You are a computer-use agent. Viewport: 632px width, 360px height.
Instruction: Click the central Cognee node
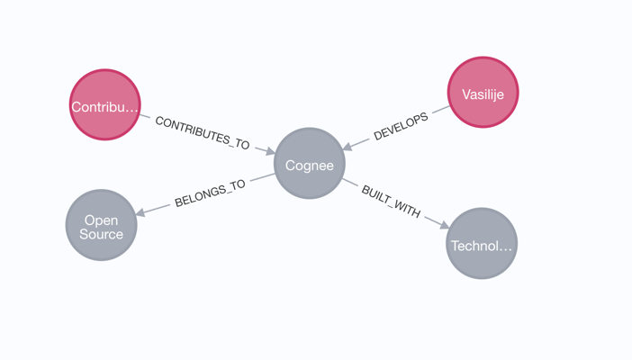(x=309, y=164)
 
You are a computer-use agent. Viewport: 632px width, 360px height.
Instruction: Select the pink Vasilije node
(x=483, y=93)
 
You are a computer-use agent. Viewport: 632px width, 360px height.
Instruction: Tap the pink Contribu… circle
(x=105, y=105)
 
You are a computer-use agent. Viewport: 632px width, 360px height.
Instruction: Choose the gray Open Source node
(x=101, y=225)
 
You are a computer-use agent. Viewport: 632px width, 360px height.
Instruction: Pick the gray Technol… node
(x=482, y=244)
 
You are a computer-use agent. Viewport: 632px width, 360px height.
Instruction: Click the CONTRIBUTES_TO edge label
(x=202, y=132)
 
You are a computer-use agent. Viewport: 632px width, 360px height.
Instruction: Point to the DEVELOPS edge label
(x=401, y=126)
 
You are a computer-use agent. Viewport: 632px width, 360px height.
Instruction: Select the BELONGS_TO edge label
(x=210, y=193)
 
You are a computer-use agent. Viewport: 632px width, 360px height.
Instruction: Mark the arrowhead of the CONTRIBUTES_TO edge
(x=268, y=151)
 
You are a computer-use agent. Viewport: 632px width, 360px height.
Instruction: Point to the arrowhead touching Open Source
(x=140, y=212)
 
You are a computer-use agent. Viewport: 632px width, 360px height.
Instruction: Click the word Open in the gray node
(x=101, y=220)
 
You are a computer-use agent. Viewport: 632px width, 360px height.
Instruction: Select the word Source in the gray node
(x=101, y=234)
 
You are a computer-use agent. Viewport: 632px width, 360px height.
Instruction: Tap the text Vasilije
(x=483, y=94)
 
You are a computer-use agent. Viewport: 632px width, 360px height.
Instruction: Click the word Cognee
(x=309, y=165)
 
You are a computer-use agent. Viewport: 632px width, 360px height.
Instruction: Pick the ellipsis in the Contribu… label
(x=132, y=107)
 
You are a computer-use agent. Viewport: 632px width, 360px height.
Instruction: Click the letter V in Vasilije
(x=465, y=94)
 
